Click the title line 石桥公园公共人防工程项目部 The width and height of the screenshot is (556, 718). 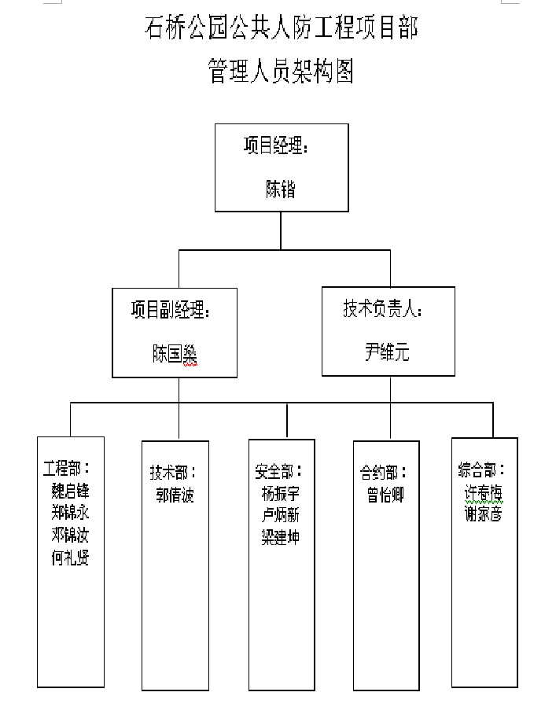pyautogui.click(x=281, y=28)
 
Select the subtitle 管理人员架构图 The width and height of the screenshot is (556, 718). pyautogui.click(x=281, y=71)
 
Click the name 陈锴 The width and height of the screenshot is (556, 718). pyautogui.click(x=281, y=189)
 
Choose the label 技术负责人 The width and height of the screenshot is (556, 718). pyautogui.click(x=382, y=309)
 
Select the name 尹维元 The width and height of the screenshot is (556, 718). pyautogui.click(x=387, y=352)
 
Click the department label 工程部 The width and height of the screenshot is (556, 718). pyautogui.click(x=71, y=469)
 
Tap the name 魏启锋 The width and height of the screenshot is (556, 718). pyautogui.click(x=71, y=492)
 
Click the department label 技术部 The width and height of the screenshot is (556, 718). pyautogui.click(x=173, y=473)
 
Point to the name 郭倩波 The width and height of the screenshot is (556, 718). pyautogui.click(x=175, y=495)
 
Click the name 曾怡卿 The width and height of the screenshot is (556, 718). pyautogui.click(x=385, y=495)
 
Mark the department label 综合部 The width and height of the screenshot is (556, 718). pyautogui.click(x=481, y=470)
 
